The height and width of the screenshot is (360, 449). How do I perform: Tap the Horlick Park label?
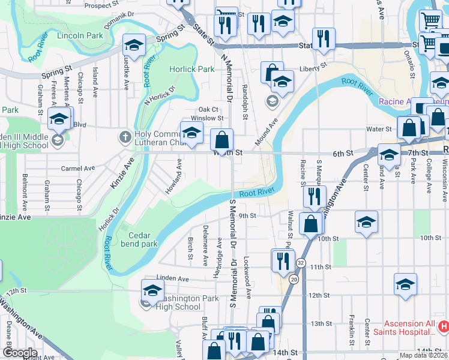click(191, 69)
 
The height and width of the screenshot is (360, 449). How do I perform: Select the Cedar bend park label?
click(139, 240)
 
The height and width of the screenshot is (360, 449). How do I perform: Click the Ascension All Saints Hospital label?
click(405, 328)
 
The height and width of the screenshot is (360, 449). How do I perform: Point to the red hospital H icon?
click(444, 327)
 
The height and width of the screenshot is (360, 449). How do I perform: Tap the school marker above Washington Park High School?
click(152, 290)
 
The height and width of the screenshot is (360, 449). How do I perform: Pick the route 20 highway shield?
click(294, 280)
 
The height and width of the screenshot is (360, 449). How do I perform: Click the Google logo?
click(19, 353)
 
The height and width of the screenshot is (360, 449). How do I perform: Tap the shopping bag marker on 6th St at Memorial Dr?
click(222, 140)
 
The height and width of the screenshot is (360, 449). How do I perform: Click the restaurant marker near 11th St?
click(280, 260)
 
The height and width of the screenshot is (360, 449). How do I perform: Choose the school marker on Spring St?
click(134, 45)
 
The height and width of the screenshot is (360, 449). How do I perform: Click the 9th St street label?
click(247, 216)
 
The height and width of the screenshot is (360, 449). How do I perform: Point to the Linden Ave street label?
click(173, 279)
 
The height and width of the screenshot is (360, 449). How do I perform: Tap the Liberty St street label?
click(314, 65)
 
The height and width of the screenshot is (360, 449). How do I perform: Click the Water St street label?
click(379, 129)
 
